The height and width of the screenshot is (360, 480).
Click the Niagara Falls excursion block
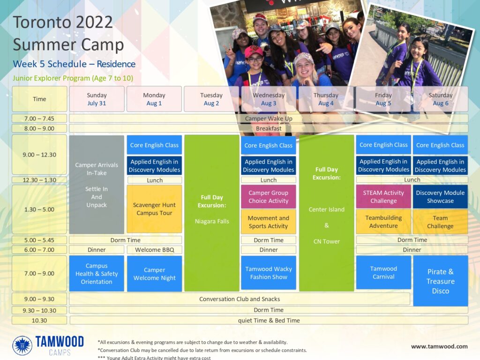coord(212,213)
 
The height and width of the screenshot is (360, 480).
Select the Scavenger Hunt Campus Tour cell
coord(154,209)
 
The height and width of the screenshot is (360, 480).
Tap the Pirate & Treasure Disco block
coord(441,281)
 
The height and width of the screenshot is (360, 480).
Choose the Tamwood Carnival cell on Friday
coord(383,272)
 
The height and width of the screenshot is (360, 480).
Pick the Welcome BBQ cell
coord(155,250)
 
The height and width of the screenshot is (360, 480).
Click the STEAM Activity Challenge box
coord(383,196)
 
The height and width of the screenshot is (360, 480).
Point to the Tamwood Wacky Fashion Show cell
coord(269,273)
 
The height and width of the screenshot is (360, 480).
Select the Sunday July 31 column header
coord(97,99)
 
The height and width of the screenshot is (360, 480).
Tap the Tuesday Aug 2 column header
coord(211,99)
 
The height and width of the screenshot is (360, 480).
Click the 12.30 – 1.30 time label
coord(39,180)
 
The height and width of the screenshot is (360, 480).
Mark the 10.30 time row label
coord(39,321)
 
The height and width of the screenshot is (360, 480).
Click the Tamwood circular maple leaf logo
coord(22,345)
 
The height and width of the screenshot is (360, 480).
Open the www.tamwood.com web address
coord(439,346)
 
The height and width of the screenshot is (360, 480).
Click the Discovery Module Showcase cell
coord(440,196)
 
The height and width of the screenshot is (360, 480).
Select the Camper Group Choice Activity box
coord(269,196)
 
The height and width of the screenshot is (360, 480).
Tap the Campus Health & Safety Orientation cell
coord(97,273)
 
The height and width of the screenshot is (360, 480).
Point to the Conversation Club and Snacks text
coord(240,299)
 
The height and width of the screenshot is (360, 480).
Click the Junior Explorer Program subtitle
coord(73,78)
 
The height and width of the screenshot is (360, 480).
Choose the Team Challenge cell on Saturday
coord(440,222)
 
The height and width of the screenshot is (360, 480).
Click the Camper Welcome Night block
coord(154,274)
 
